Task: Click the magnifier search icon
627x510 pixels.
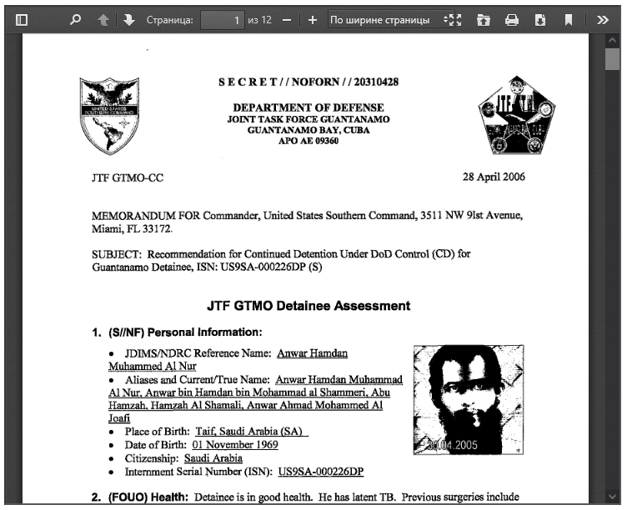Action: (76, 19)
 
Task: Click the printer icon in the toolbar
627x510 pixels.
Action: (512, 19)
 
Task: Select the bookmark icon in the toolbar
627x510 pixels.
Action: (568, 19)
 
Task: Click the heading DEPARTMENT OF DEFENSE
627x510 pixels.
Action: (308, 107)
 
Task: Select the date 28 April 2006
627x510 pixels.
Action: (494, 177)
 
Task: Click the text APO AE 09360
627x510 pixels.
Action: (308, 142)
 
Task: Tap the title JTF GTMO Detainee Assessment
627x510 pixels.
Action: (308, 306)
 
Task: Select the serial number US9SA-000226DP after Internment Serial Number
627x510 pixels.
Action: (321, 472)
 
